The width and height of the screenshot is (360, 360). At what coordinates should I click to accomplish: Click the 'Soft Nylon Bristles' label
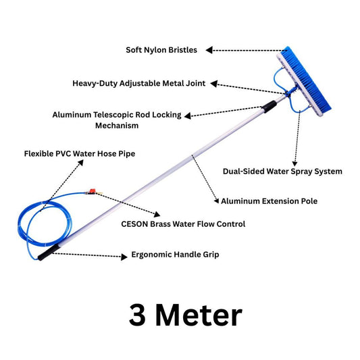click(x=163, y=50)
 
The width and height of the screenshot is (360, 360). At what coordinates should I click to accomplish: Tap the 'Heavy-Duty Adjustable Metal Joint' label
click(x=139, y=84)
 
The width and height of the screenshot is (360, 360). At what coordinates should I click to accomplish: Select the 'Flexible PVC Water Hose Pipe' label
click(x=80, y=154)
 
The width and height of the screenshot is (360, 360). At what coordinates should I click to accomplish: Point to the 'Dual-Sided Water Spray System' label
click(x=282, y=172)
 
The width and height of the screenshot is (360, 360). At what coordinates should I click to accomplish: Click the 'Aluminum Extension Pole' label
click(x=269, y=201)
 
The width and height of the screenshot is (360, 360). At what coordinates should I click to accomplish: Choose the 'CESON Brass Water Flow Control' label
click(x=183, y=224)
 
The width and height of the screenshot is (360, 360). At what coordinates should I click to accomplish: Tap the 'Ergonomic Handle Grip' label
click(x=175, y=255)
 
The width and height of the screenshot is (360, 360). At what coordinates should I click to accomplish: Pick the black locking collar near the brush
click(x=270, y=105)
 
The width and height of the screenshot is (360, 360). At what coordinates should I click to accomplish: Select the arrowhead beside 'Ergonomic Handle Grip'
click(x=124, y=257)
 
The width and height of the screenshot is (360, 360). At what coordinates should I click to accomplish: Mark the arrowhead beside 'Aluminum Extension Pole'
click(x=215, y=201)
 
